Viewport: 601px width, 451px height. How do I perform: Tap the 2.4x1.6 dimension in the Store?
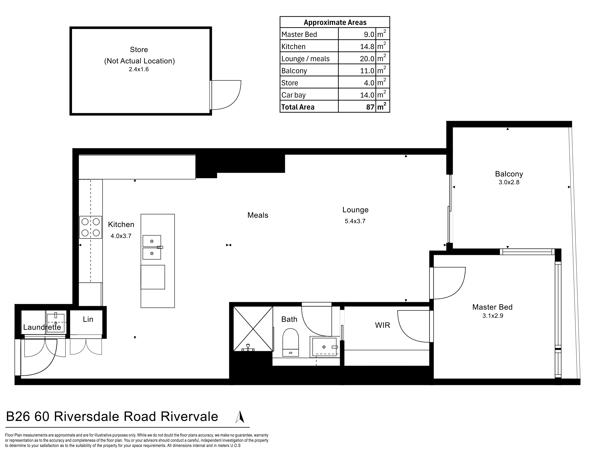[139, 69]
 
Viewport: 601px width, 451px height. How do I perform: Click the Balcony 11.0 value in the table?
[367, 71]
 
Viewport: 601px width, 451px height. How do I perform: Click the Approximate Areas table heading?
[335, 22]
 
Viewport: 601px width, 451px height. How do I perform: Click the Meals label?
[258, 215]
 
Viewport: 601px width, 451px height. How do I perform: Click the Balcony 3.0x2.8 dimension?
[509, 182]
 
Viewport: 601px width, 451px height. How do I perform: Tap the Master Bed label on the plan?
[492, 307]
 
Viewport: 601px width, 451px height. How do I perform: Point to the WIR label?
[383, 325]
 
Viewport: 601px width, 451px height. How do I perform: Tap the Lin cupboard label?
[88, 319]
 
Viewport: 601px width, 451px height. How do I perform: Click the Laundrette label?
[42, 327]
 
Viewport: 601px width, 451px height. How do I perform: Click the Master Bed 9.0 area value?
[369, 35]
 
